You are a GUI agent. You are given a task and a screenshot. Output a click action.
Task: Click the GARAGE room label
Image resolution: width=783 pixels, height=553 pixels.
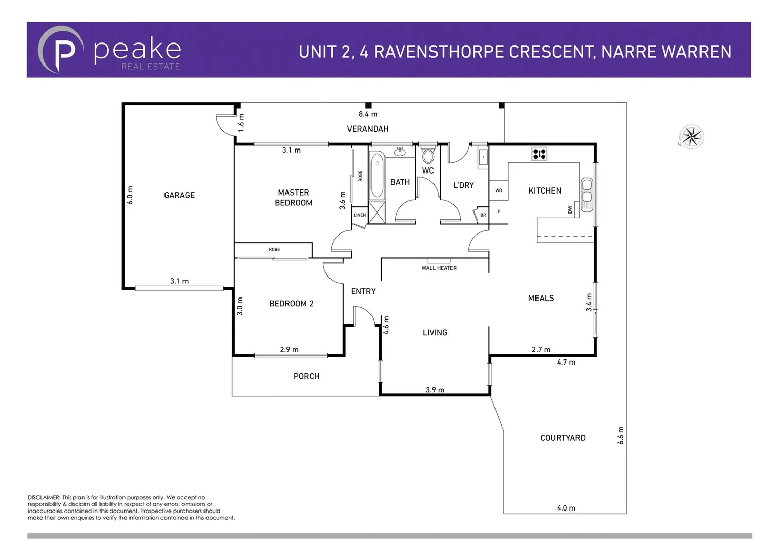[179, 195]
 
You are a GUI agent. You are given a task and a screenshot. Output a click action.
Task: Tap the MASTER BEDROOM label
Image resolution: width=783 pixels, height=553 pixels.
[293, 198]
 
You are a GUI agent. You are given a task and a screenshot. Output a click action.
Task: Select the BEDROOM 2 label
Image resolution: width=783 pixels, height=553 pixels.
[291, 304]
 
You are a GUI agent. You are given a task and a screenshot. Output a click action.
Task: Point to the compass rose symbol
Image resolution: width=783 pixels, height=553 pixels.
[692, 137]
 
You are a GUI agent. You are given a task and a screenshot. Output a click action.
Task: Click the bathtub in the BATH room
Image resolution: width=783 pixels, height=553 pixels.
[377, 176]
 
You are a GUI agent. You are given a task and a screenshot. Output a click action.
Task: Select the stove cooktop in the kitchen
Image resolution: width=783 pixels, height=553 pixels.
[539, 153]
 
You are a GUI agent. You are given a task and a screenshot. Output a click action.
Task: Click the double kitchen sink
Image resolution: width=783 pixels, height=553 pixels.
[587, 195]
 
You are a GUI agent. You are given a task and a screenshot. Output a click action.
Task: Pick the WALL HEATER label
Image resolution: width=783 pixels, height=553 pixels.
[439, 268]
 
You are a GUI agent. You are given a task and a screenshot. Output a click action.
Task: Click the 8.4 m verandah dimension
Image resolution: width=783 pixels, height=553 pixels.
[368, 114]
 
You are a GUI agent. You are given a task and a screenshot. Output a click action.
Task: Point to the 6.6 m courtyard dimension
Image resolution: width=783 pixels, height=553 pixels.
[621, 435]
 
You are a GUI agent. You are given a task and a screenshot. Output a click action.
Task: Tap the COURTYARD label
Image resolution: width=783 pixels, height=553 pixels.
[563, 438]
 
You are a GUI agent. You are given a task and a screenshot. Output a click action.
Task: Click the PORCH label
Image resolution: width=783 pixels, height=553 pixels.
[306, 376]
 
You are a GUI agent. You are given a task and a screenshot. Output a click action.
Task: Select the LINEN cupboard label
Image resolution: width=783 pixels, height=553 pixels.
[360, 215]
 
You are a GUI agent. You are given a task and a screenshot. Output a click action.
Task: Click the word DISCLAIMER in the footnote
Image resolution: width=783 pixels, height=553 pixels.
[44, 497]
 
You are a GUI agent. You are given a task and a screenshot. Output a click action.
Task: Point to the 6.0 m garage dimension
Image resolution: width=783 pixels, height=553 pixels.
[130, 195]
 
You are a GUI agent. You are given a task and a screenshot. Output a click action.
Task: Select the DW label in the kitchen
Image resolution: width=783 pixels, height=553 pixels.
[570, 209]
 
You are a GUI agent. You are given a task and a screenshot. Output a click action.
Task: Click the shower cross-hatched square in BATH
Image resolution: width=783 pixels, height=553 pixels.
[377, 213]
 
